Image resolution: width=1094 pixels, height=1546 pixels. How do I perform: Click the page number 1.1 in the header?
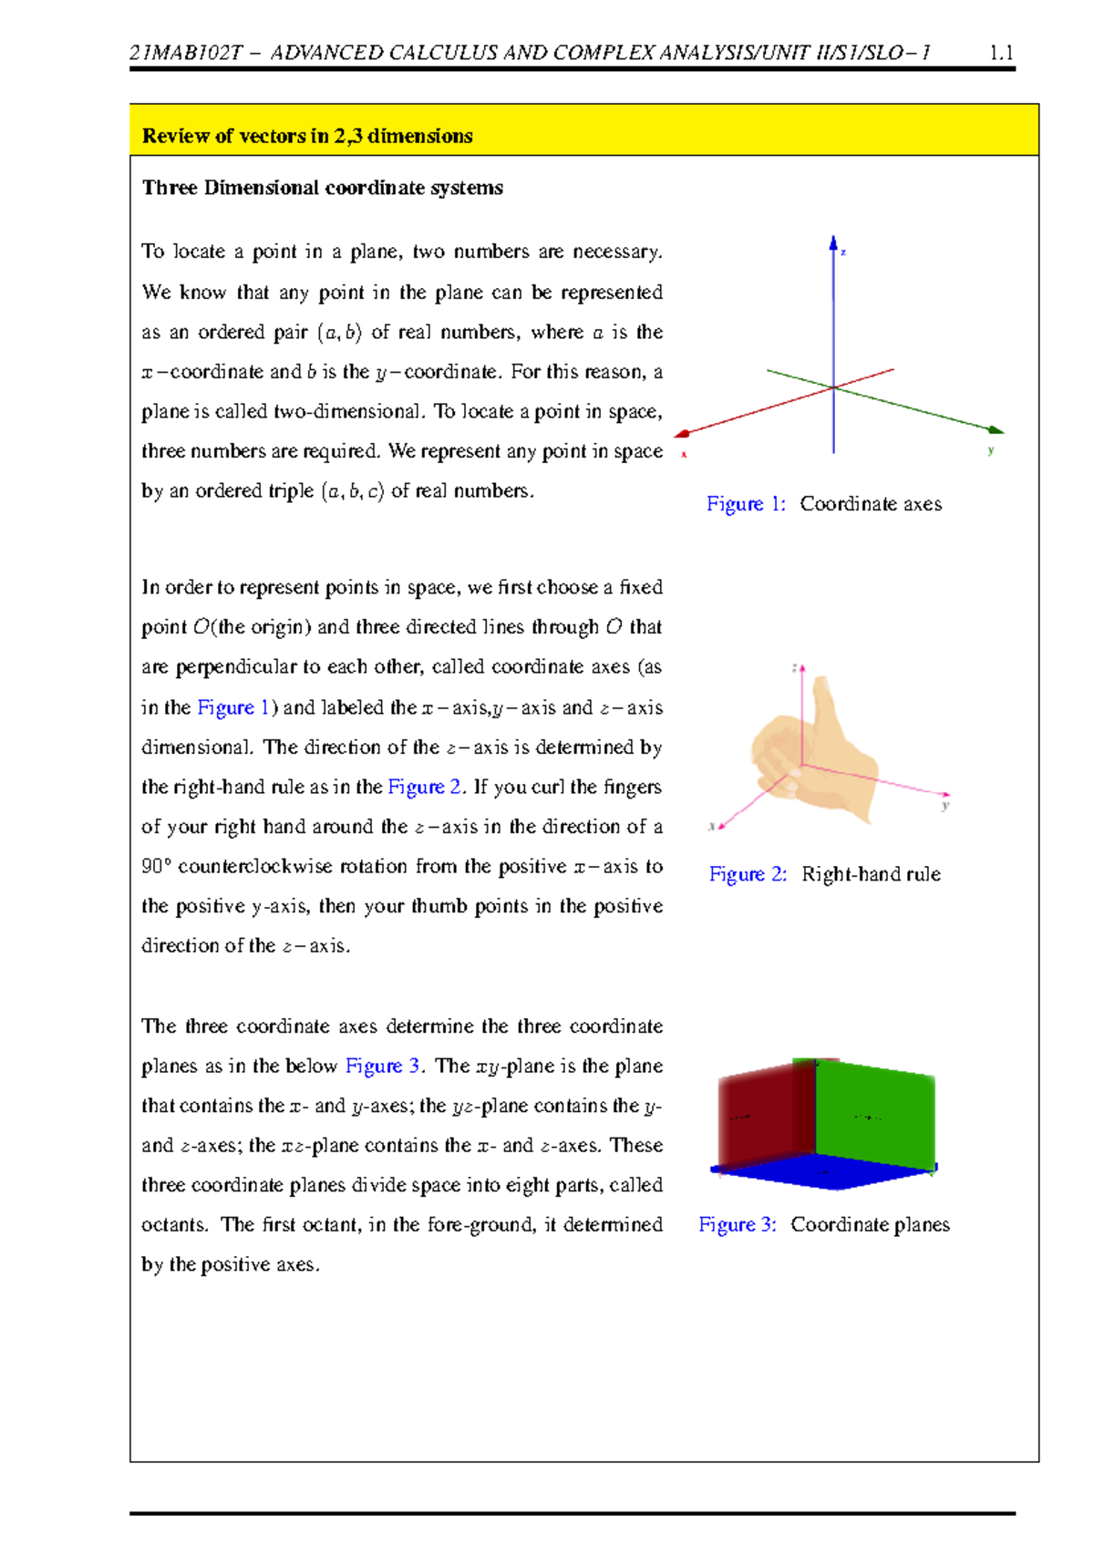click(x=1001, y=53)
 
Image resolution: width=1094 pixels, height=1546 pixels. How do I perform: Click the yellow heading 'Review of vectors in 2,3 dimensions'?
click(x=307, y=136)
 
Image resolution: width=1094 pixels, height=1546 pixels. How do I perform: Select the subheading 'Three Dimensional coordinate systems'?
click(x=322, y=188)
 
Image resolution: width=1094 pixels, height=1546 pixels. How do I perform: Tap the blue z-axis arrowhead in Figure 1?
click(x=833, y=242)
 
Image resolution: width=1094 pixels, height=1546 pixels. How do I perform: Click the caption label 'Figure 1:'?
click(x=745, y=504)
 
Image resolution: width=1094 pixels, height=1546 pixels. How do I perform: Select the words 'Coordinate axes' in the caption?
click(x=871, y=504)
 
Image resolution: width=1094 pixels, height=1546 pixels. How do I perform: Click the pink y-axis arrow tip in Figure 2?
click(x=946, y=795)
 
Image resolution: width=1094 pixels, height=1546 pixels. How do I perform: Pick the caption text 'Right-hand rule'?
click(x=871, y=874)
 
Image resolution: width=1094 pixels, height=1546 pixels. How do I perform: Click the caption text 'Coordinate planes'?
click(x=870, y=1225)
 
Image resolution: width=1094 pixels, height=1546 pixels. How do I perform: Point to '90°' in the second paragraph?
click(x=156, y=867)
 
